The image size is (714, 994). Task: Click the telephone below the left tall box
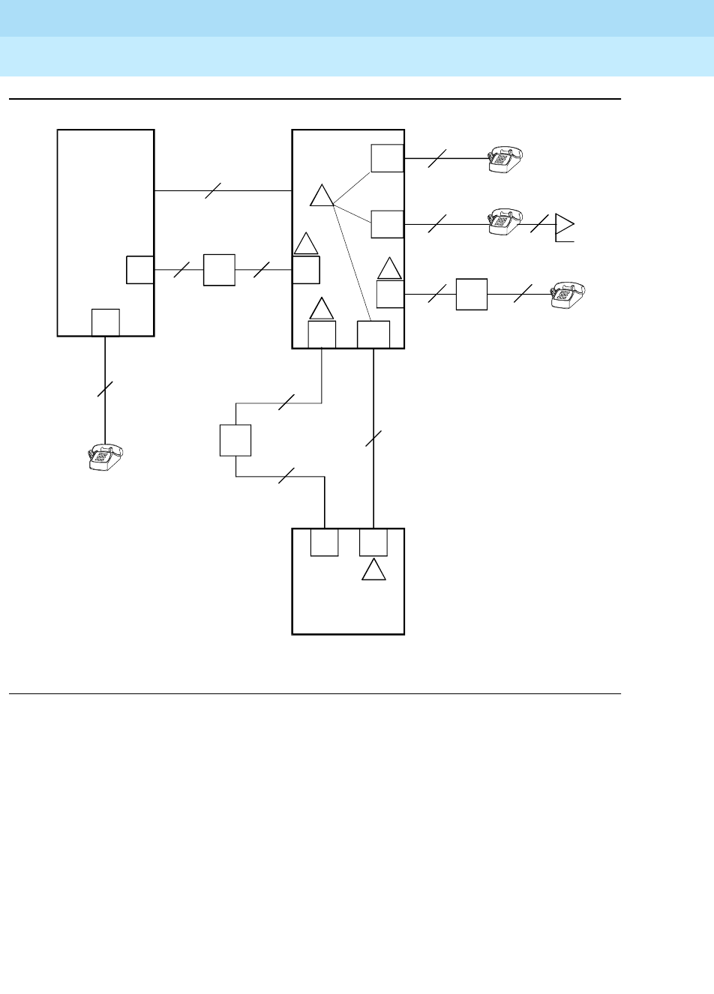[105, 458]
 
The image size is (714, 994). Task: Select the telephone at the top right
[505, 159]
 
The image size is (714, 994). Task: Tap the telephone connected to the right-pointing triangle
[505, 220]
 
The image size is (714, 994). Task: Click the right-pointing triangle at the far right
[563, 224]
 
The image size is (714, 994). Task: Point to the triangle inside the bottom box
[373, 570]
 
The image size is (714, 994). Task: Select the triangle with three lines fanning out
[322, 196]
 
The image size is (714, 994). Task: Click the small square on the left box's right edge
[139, 270]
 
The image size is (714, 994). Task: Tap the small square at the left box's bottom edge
[105, 322]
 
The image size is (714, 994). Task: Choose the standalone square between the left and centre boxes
[219, 270]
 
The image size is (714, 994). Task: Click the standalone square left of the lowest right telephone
[472, 294]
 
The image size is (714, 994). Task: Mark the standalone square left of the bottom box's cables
[235, 440]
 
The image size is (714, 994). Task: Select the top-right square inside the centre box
[387, 157]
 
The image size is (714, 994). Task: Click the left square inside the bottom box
[324, 542]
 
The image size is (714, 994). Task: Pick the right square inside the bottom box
[373, 542]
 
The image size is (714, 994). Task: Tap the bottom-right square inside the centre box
[373, 334]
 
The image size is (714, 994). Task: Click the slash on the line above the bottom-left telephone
[105, 388]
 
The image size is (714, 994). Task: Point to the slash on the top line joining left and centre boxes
[213, 191]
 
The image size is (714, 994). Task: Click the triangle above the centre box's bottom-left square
[322, 309]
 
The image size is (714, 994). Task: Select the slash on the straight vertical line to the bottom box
[373, 439]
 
